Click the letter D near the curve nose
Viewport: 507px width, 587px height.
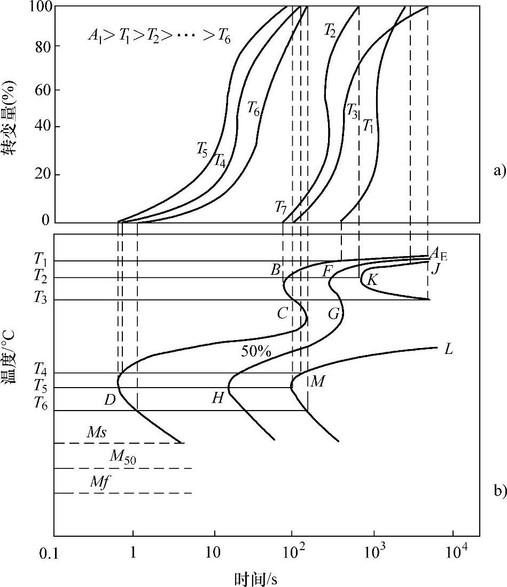[x=110, y=399]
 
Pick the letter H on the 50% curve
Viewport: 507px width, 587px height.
[x=217, y=398]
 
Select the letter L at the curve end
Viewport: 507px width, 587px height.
[x=449, y=350]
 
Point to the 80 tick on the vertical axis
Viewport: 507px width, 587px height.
[x=43, y=47]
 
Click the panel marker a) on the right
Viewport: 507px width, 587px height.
[x=498, y=171]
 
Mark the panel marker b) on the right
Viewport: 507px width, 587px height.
[x=498, y=491]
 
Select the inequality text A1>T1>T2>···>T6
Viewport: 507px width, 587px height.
[x=159, y=37]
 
